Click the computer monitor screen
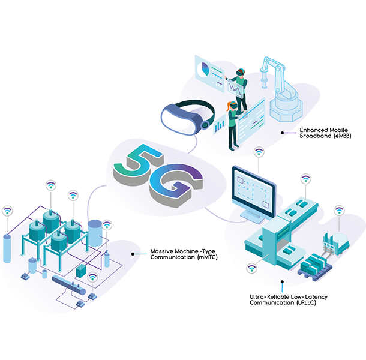click(x=250, y=185)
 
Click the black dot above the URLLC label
click(x=282, y=279)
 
